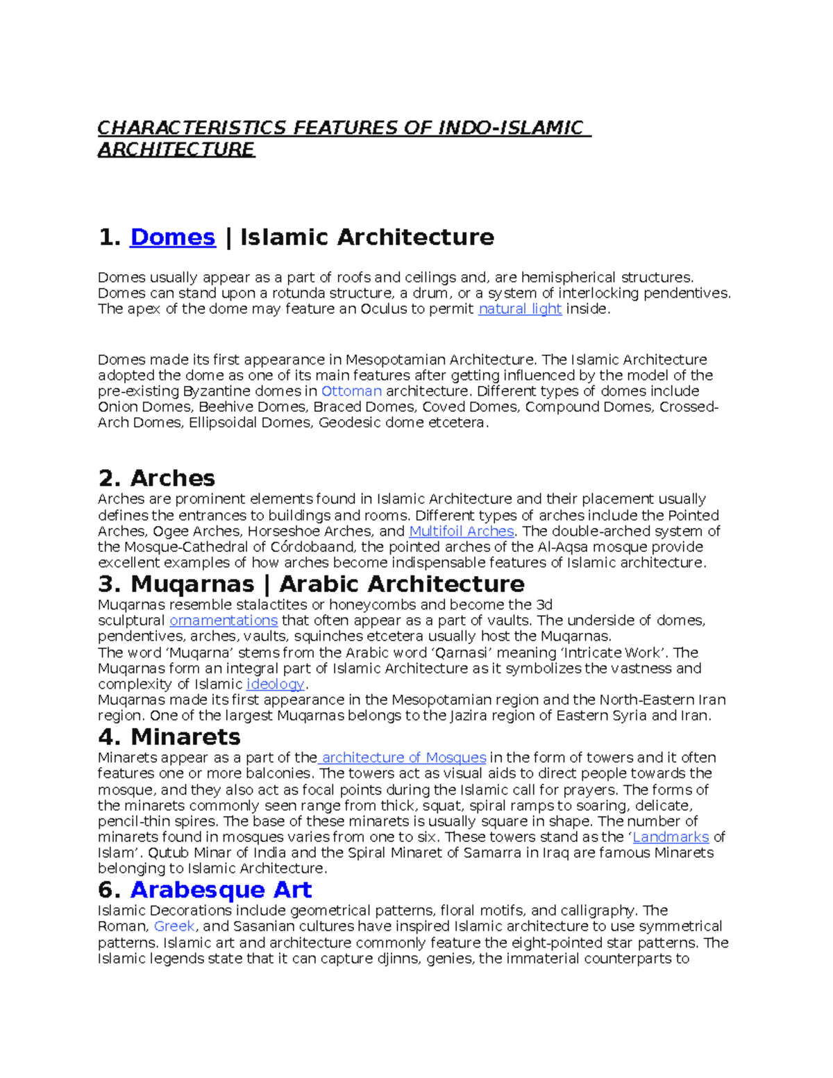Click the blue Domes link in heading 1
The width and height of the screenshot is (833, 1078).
[x=172, y=237]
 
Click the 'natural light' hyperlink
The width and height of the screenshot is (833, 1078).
[x=519, y=309]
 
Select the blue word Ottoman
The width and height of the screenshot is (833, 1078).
[x=351, y=391]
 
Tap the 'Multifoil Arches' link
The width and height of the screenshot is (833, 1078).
[x=461, y=531]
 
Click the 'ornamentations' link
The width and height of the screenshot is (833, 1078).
[x=224, y=621]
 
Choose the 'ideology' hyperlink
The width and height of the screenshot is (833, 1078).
[x=275, y=684]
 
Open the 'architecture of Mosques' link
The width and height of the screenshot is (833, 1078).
[x=403, y=758]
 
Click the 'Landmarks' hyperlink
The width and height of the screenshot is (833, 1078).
[x=670, y=837]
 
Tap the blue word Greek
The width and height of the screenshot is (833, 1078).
[x=174, y=927]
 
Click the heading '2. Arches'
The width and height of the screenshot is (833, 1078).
[x=156, y=478]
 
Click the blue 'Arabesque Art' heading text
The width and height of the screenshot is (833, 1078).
[x=221, y=890]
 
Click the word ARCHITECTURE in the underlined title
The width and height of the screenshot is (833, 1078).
[x=176, y=150]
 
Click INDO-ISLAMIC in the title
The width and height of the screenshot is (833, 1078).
[x=510, y=128]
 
